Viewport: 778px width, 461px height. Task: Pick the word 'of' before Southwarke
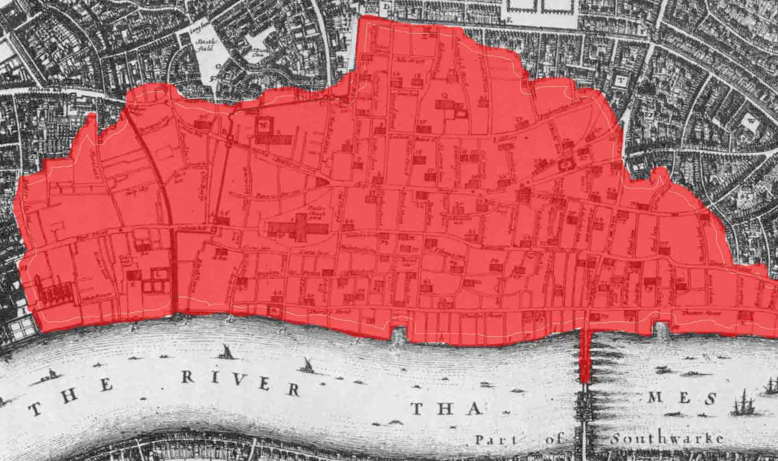pyautogui.click(x=553, y=440)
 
